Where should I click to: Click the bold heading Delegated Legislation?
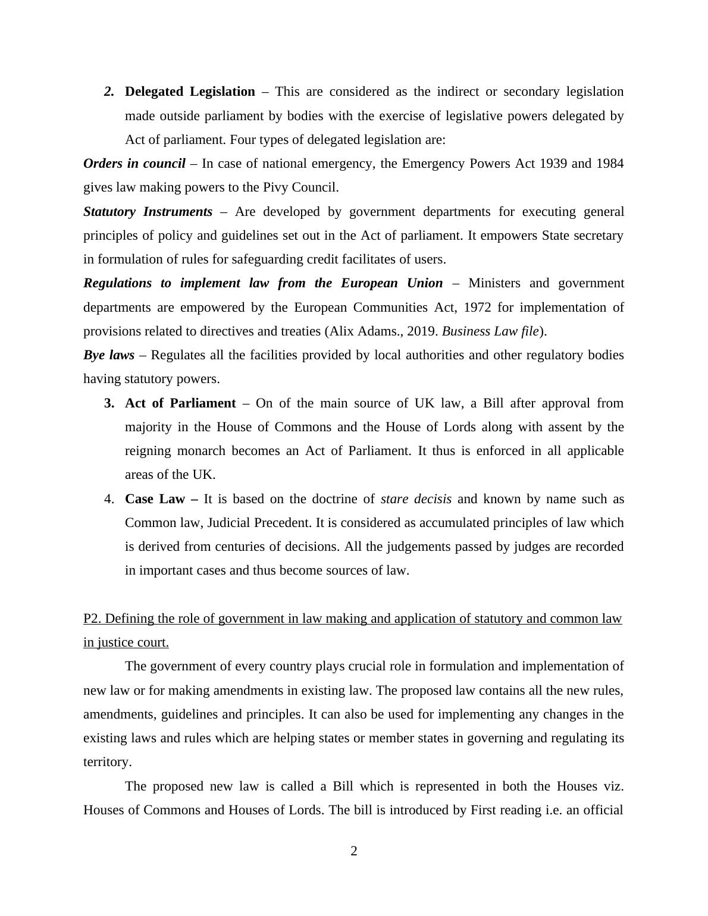click(190, 92)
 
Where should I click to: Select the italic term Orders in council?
click(134, 164)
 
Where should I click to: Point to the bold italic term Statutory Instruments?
click(148, 212)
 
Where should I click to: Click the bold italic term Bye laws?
click(109, 355)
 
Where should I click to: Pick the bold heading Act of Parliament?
click(180, 403)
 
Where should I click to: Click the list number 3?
click(109, 403)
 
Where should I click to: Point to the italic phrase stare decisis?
click(416, 499)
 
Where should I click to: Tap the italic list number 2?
click(108, 92)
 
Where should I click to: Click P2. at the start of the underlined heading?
click(92, 619)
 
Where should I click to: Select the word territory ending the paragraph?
click(106, 762)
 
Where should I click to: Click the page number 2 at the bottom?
click(354, 851)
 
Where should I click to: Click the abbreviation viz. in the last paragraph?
click(613, 786)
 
